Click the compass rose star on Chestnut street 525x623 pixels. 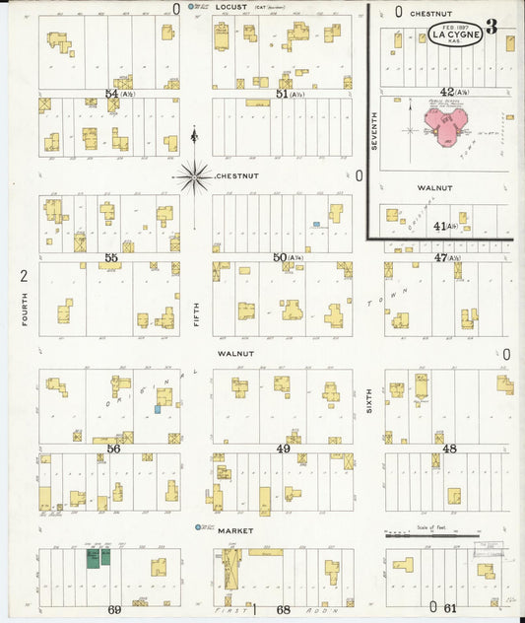194,177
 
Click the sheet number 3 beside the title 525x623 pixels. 491,28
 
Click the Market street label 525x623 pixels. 235,530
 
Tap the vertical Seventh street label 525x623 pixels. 374,130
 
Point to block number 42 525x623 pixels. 447,92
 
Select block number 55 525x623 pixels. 111,257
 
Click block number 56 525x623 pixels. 113,449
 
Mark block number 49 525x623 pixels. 283,449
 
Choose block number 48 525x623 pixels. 449,449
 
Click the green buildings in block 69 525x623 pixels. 97,558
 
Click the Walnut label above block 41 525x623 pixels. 434,187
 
